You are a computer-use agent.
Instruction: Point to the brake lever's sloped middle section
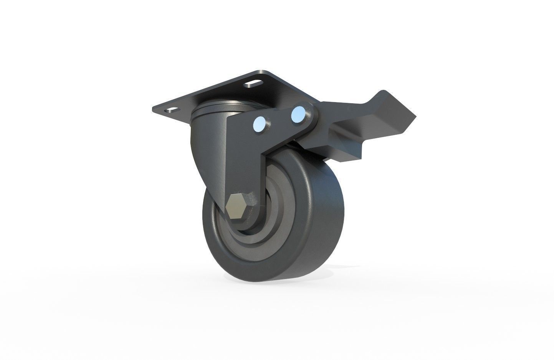(338, 127)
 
